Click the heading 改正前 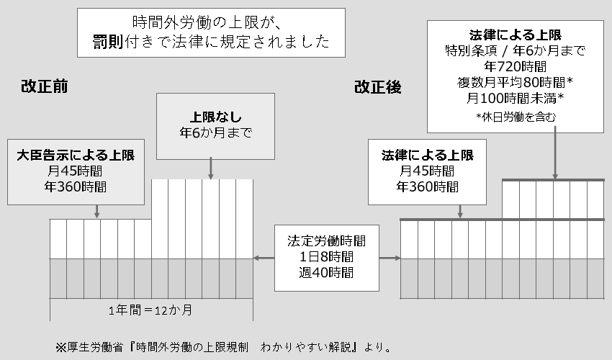coord(44,87)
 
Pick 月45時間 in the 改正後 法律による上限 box coord(428,171)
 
